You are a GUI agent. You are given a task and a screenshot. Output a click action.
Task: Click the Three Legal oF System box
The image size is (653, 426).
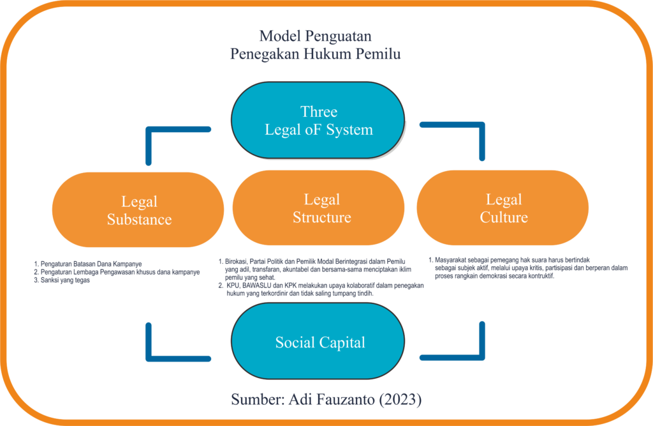318,120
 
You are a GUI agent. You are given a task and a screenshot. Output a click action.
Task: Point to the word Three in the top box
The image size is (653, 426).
319,112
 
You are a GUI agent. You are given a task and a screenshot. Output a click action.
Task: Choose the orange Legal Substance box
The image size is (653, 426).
138,210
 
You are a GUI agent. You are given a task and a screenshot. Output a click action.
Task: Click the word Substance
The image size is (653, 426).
139,220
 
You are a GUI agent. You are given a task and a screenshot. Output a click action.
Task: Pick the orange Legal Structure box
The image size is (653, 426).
321,208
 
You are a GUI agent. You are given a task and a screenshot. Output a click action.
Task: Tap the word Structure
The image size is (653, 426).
322,217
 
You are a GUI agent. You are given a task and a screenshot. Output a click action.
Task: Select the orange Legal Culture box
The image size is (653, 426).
503,208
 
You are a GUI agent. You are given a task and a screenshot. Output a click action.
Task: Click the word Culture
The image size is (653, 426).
504,218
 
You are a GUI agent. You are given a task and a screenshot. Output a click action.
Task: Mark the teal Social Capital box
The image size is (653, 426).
318,342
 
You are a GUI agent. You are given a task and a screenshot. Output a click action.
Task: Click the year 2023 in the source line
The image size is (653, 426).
403,400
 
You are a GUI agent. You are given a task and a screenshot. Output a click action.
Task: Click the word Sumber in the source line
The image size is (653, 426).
258,400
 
